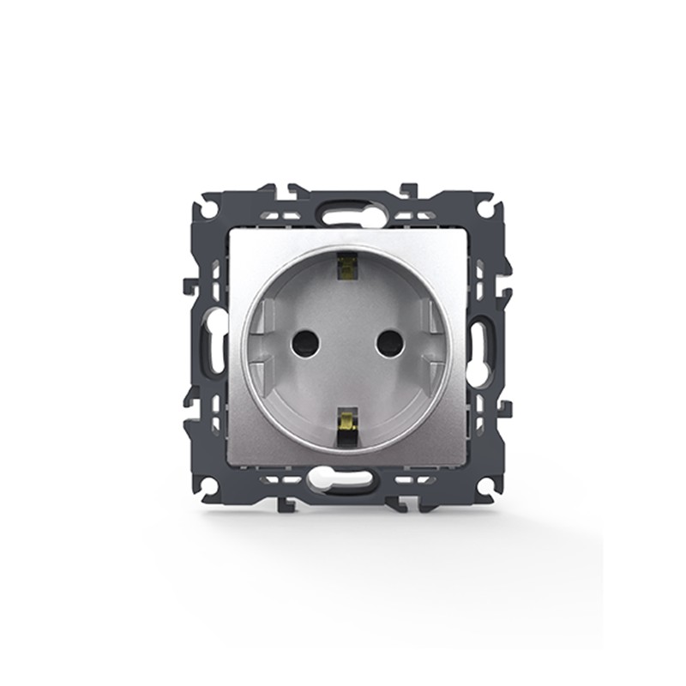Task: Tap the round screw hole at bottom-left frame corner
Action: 207,485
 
